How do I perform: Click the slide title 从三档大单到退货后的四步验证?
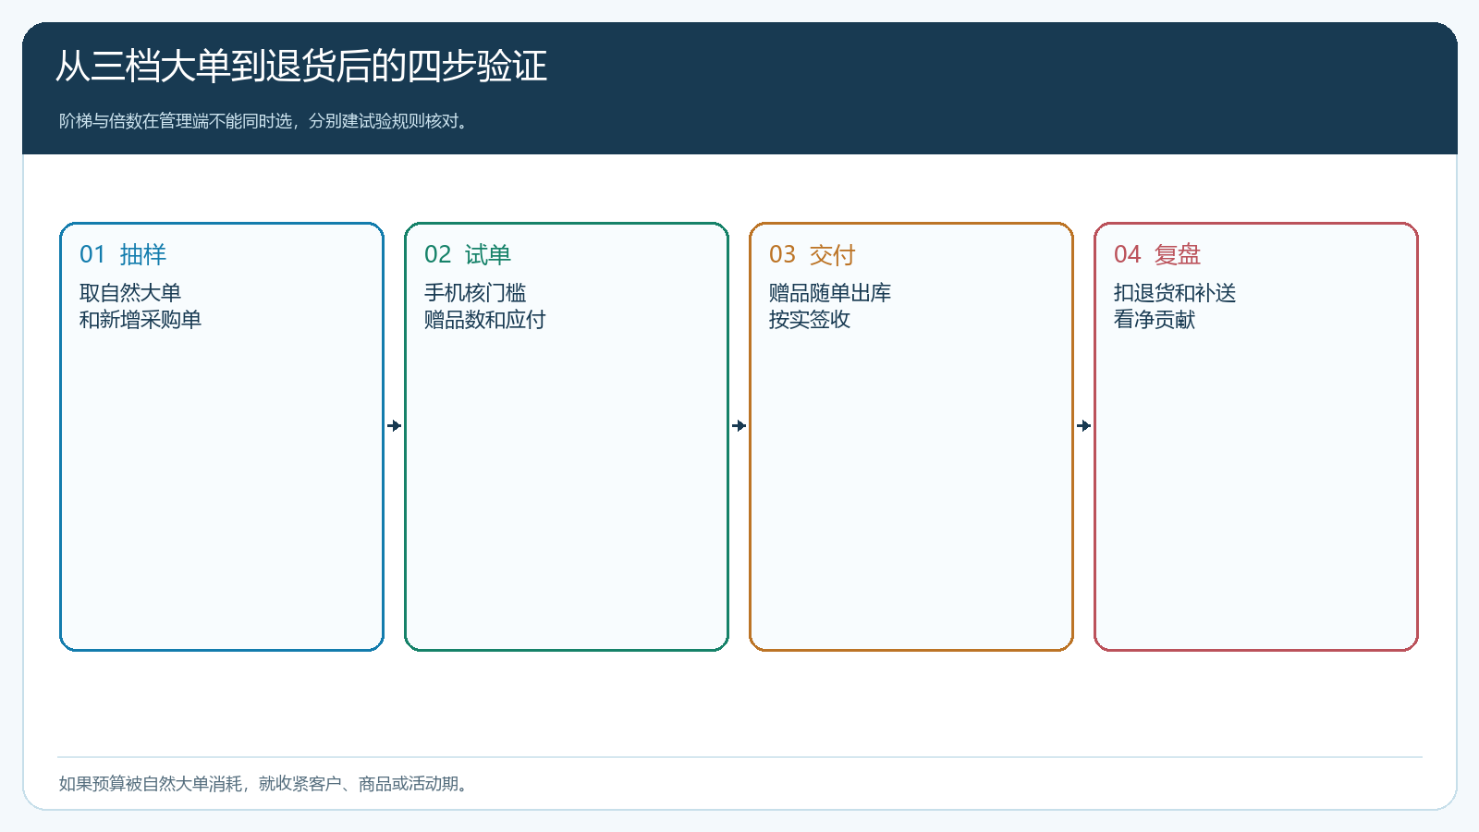[301, 66]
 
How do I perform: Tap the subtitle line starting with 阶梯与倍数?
[263, 121]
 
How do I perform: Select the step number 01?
[92, 254]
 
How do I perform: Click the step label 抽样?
[143, 254]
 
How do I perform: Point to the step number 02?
[438, 254]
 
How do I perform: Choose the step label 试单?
[488, 254]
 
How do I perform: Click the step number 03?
[782, 254]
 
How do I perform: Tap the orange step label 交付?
[833, 254]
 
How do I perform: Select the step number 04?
[1127, 254]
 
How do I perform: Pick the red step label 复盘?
[1178, 254]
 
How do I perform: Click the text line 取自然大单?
[130, 292]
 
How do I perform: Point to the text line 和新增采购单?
[140, 320]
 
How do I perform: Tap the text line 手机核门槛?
[475, 292]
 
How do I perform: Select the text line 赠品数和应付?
[484, 320]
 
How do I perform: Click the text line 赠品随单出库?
[830, 292]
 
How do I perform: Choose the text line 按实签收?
[810, 320]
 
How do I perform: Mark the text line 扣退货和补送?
[1175, 292]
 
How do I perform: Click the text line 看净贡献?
[1155, 320]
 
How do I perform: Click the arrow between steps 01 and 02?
[394, 426]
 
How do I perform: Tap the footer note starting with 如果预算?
[263, 784]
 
